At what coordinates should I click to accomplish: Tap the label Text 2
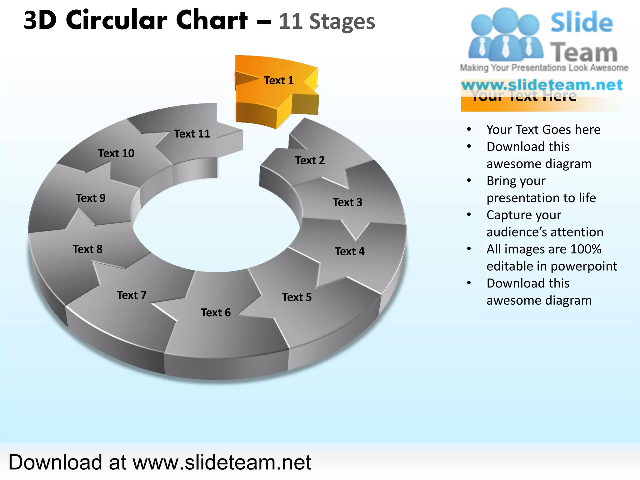310,160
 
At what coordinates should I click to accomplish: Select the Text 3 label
347,202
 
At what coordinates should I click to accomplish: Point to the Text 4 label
349,251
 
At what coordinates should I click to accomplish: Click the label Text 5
297,297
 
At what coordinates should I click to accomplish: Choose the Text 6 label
216,312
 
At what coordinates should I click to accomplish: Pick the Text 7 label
132,295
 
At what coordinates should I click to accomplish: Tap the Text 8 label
87,249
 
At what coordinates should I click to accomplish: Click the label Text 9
91,198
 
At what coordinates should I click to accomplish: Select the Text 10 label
116,153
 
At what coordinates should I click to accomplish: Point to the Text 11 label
192,134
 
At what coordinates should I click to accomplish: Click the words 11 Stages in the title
327,22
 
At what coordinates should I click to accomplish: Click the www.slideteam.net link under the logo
542,85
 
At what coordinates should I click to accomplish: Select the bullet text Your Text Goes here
543,129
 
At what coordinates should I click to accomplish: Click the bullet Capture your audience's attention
545,223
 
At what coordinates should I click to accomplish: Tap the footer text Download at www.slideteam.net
160,462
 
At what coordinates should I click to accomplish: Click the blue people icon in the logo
505,34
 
